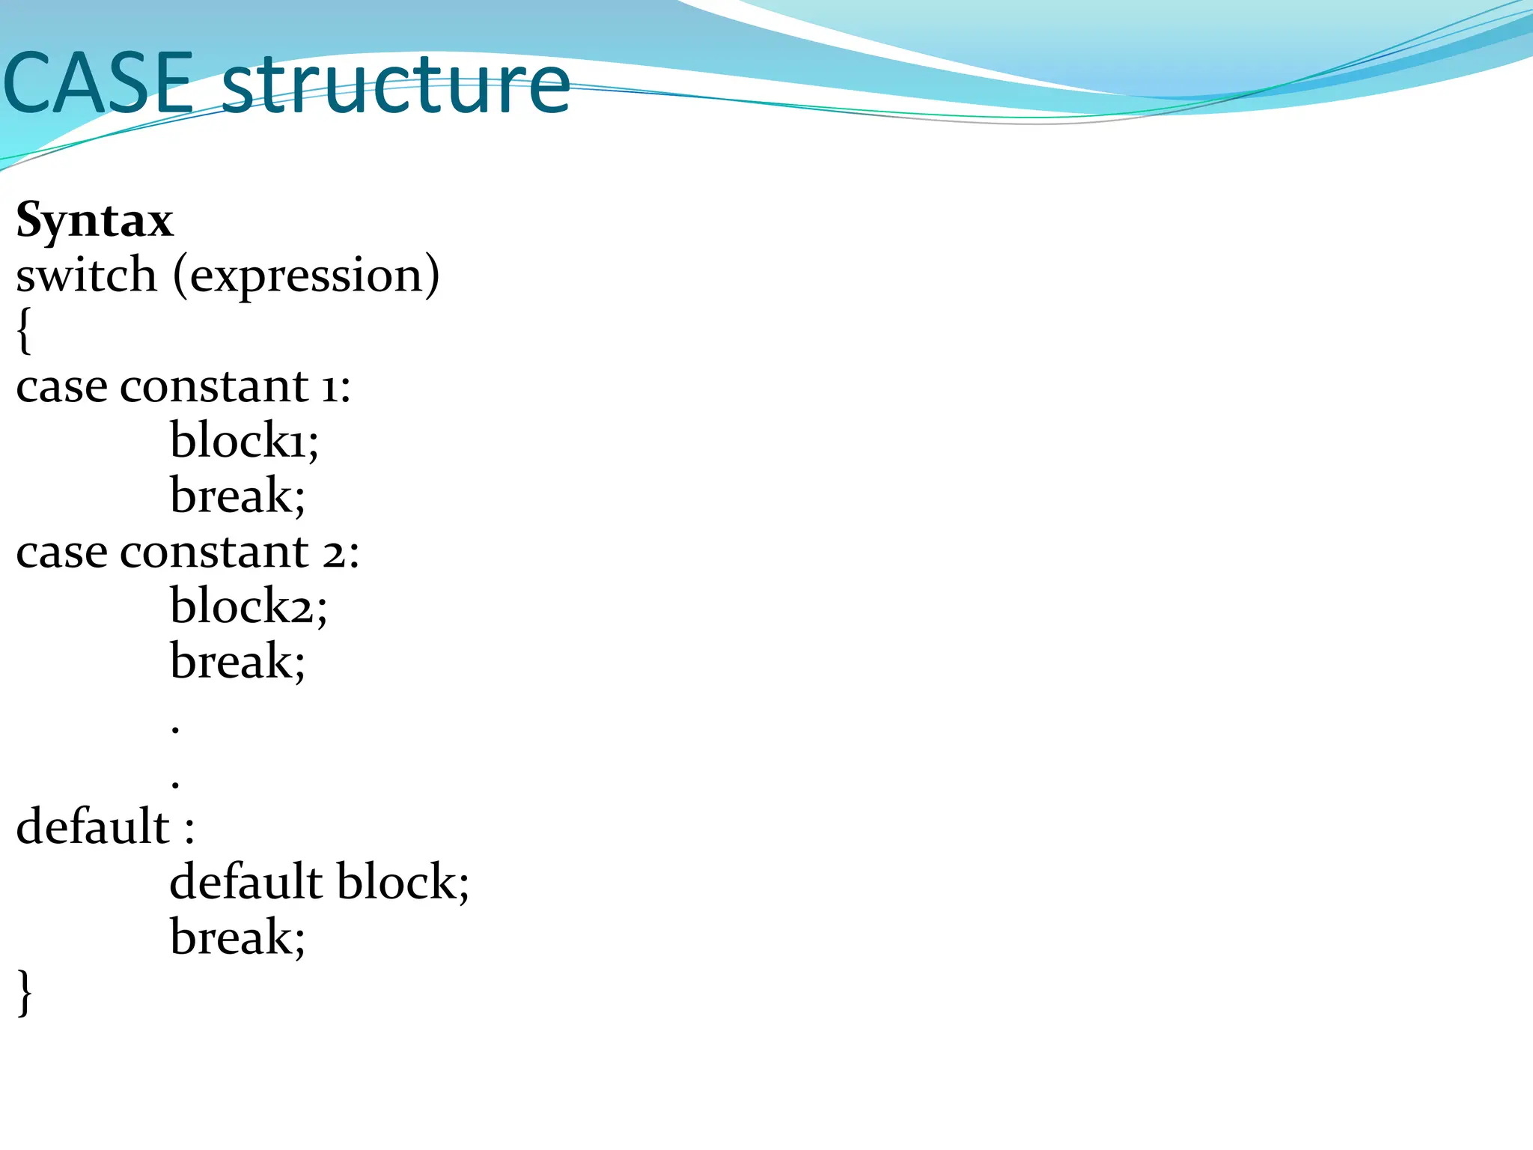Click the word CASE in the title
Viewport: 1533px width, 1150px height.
click(x=97, y=84)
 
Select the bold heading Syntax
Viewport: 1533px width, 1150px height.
click(x=95, y=221)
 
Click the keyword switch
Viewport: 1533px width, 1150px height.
click(x=86, y=276)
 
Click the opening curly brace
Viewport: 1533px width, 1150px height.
click(x=24, y=331)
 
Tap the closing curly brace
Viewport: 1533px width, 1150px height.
click(x=25, y=992)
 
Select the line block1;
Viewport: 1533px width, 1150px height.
click(x=244, y=440)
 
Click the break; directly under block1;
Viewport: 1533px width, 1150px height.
click(x=237, y=496)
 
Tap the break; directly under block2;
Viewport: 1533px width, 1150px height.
click(x=237, y=661)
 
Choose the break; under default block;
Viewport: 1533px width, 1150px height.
click(x=237, y=937)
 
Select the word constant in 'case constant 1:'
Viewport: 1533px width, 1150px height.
click(x=214, y=387)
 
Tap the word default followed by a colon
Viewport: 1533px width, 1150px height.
click(x=93, y=827)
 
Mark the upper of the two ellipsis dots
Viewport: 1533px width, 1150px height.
click(x=175, y=728)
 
